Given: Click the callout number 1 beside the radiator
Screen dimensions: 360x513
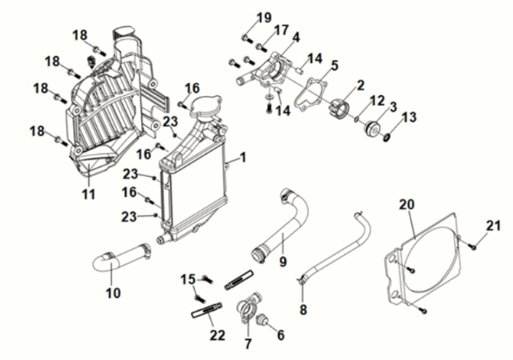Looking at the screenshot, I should [x=241, y=157].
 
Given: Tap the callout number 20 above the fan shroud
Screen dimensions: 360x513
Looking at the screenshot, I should [x=406, y=204].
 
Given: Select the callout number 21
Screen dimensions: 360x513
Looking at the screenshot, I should [x=493, y=226].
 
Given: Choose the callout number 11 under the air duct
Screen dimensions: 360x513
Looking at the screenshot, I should [x=88, y=194].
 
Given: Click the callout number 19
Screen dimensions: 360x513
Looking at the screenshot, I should [x=263, y=17].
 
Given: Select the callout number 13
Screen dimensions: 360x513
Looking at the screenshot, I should [x=409, y=117].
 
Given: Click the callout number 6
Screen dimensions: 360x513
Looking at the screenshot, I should [x=280, y=335].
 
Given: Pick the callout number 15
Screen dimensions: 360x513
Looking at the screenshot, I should [x=186, y=279].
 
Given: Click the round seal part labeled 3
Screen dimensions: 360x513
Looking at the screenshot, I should [x=374, y=130].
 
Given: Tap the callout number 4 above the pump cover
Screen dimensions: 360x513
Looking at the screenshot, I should [x=295, y=37].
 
